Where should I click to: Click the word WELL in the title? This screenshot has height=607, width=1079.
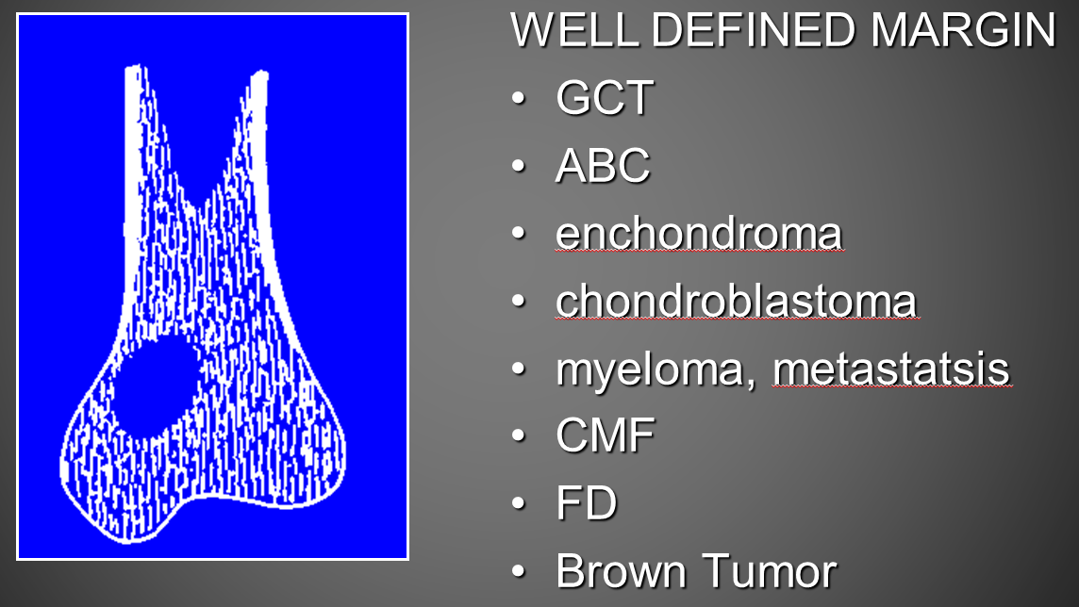click(x=575, y=29)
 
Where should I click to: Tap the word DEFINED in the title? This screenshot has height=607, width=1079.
click(x=754, y=29)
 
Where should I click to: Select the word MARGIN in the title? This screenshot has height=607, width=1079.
click(x=963, y=29)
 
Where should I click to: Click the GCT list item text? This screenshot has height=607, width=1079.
click(x=605, y=97)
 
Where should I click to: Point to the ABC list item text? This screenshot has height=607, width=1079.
click(x=603, y=165)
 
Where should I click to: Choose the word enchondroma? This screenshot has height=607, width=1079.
click(x=699, y=233)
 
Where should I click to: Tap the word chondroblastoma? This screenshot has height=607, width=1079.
click(x=737, y=301)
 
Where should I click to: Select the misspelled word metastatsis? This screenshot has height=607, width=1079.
click(x=892, y=368)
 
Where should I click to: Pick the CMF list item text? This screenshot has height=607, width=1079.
click(x=606, y=435)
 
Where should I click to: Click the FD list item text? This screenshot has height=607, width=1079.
click(x=587, y=503)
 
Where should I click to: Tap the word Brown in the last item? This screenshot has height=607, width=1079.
click(x=622, y=570)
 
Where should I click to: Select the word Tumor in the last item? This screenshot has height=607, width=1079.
click(x=770, y=570)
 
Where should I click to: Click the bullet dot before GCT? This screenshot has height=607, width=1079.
click(x=518, y=98)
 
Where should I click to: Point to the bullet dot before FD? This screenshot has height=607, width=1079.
click(x=518, y=503)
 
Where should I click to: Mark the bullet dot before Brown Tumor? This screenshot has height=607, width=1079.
click(x=518, y=571)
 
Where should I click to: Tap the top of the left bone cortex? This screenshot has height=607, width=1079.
click(x=135, y=68)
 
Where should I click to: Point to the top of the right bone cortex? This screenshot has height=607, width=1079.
click(x=259, y=73)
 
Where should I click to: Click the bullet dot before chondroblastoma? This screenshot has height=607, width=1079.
click(x=518, y=301)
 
